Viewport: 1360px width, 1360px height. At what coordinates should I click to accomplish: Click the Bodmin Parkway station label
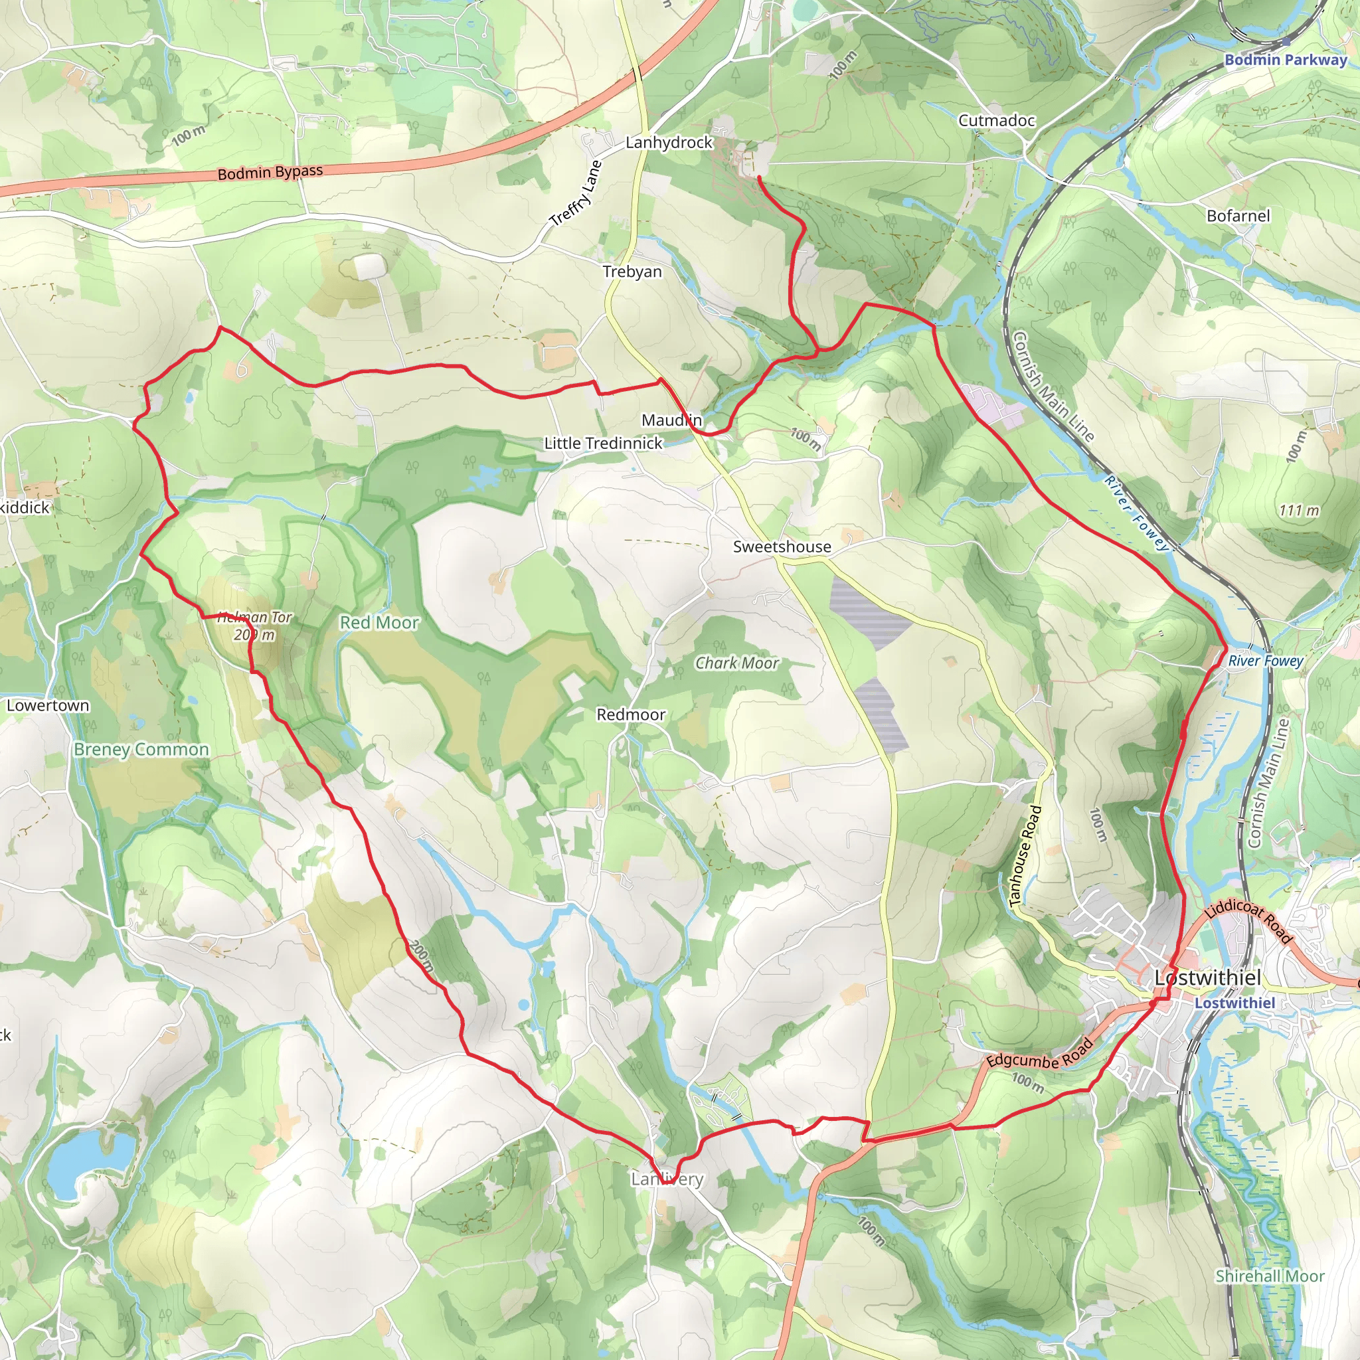coord(1286,60)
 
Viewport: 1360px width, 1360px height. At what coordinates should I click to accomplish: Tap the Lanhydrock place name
coord(669,142)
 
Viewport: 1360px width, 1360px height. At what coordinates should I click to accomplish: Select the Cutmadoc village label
coord(996,120)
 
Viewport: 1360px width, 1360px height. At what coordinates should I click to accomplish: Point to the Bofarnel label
coord(1238,216)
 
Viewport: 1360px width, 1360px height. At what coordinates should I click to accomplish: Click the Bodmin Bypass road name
coord(270,173)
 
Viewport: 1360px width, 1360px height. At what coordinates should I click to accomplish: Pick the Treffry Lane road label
coord(576,194)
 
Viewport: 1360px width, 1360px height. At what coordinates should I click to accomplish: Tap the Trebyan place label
coord(632,272)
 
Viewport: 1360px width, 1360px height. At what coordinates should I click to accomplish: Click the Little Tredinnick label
coord(603,444)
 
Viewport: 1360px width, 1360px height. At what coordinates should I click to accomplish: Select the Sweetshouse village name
coord(782,547)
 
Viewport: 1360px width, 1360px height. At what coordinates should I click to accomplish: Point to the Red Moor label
coord(379,623)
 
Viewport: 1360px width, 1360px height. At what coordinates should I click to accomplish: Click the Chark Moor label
coord(737,663)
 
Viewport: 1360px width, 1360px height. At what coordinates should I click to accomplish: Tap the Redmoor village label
coord(631,715)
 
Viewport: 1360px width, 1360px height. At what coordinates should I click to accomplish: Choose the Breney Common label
coord(141,750)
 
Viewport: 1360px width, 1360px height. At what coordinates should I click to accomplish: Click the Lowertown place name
coord(48,705)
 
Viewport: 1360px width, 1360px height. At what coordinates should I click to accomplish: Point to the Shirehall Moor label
coord(1270,1276)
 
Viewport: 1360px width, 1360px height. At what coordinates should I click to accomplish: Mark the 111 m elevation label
coord(1299,511)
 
